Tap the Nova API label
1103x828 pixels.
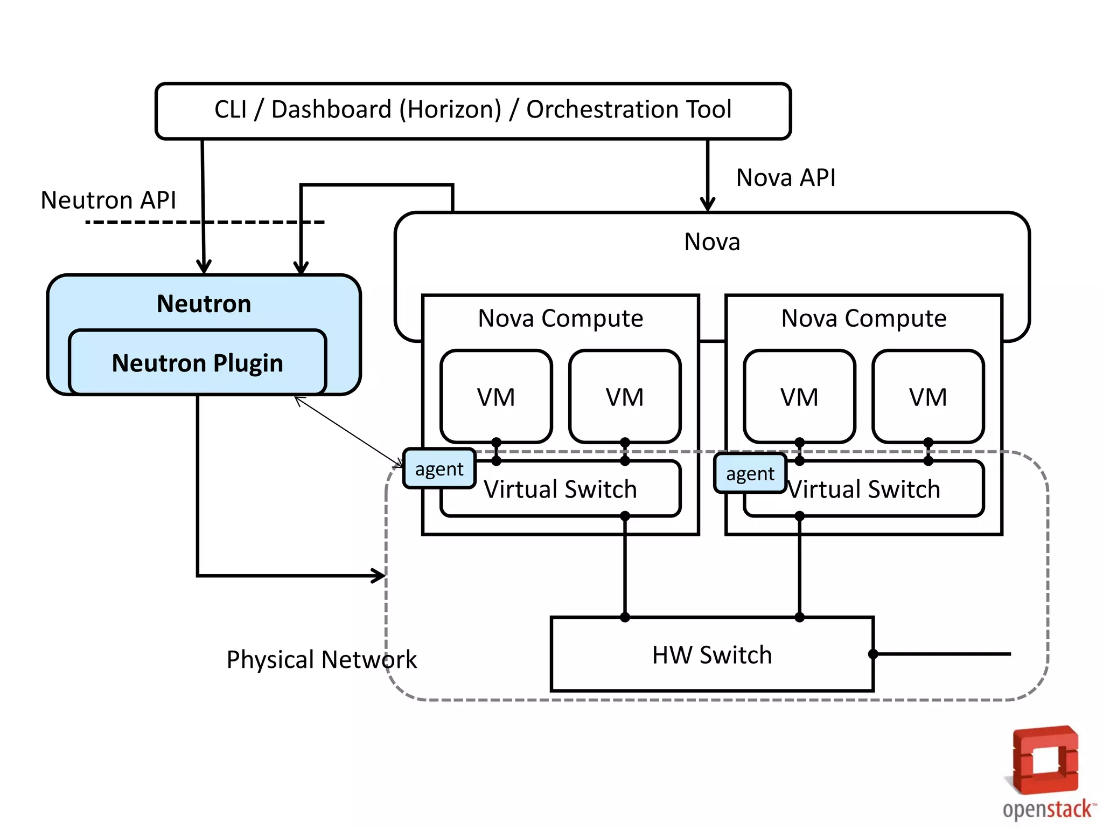785,178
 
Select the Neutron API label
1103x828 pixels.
108,201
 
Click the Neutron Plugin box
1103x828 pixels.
197,363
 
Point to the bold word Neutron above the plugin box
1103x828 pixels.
204,304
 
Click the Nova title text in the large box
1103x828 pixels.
711,242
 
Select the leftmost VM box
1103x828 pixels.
495,397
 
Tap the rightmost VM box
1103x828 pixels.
927,397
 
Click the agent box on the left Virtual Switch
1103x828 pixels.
439,469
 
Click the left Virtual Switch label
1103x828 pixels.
560,489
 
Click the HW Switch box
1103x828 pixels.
711,654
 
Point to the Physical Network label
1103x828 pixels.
322,660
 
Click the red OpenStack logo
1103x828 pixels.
1045,760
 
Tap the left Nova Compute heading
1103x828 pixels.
560,319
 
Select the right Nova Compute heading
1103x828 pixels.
863,319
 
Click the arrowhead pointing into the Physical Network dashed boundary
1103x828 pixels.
379,575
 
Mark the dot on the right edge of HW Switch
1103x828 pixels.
873,654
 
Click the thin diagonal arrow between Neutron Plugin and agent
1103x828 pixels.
348,432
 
